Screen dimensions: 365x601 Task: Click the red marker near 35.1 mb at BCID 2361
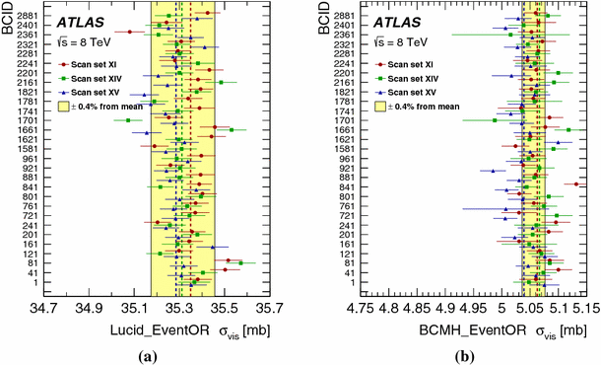click(129, 32)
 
